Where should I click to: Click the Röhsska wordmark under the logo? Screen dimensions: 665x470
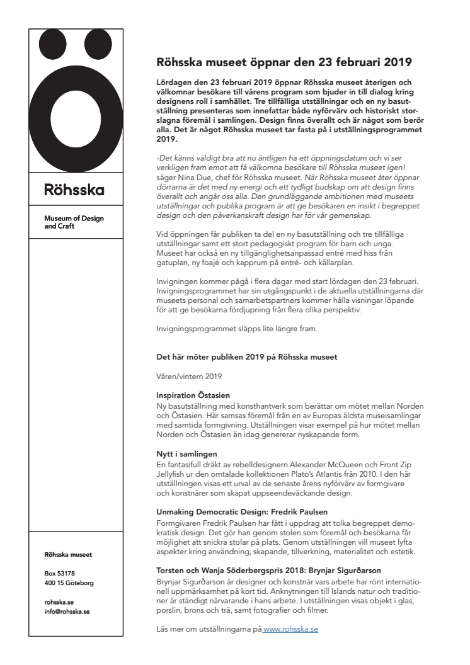point(74,190)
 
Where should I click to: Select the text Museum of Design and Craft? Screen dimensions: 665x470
point(74,222)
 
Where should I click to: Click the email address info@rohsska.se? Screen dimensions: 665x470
point(67,611)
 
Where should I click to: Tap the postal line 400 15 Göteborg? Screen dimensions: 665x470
point(69,583)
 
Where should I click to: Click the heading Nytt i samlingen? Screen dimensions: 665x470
point(186,453)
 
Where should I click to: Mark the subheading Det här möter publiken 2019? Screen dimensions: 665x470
point(246,357)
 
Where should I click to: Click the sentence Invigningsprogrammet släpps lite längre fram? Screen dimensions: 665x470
point(241,329)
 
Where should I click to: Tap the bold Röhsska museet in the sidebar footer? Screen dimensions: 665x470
point(68,555)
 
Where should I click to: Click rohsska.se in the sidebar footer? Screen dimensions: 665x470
point(59,602)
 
